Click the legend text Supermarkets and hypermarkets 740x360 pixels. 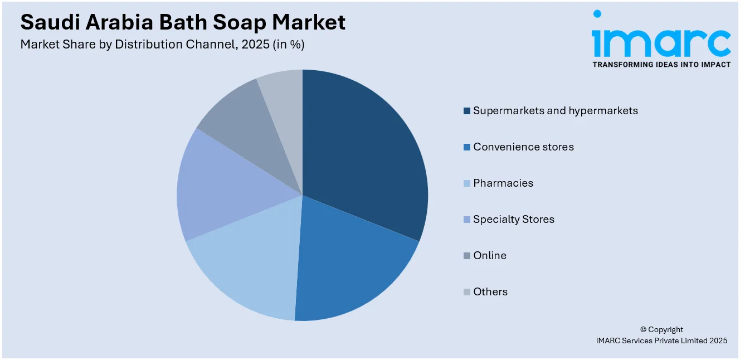(555, 111)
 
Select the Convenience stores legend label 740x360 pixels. (523, 147)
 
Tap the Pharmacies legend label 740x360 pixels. (503, 183)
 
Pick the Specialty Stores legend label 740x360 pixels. (513, 220)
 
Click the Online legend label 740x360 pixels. (489, 256)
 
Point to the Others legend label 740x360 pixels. (490, 292)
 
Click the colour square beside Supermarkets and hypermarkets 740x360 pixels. (466, 111)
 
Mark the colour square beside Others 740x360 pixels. (466, 292)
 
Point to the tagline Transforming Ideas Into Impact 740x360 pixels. (661, 65)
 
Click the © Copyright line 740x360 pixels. (661, 329)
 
